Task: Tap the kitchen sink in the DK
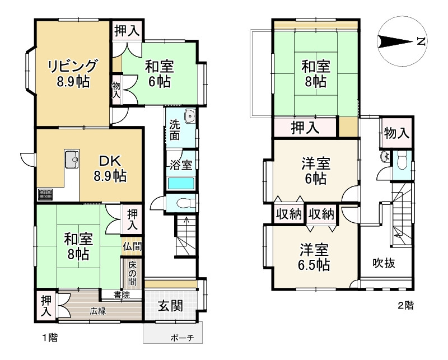[x=72, y=159]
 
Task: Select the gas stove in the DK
[x=45, y=195]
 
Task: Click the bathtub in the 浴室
[x=181, y=184]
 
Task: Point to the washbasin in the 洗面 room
[x=189, y=116]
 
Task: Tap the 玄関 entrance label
[x=171, y=307]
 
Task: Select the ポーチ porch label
[x=182, y=338]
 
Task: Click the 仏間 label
[x=132, y=246]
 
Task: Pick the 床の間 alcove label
[x=132, y=273]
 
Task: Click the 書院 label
[x=122, y=294]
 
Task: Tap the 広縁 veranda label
[x=98, y=311]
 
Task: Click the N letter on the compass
[x=421, y=42]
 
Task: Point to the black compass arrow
[x=395, y=42]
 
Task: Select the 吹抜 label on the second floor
[x=384, y=263]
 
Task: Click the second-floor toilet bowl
[x=402, y=163]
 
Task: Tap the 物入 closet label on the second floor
[x=396, y=133]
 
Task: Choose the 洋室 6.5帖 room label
[x=314, y=257]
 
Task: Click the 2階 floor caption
[x=405, y=306]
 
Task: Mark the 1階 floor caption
[x=50, y=338]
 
